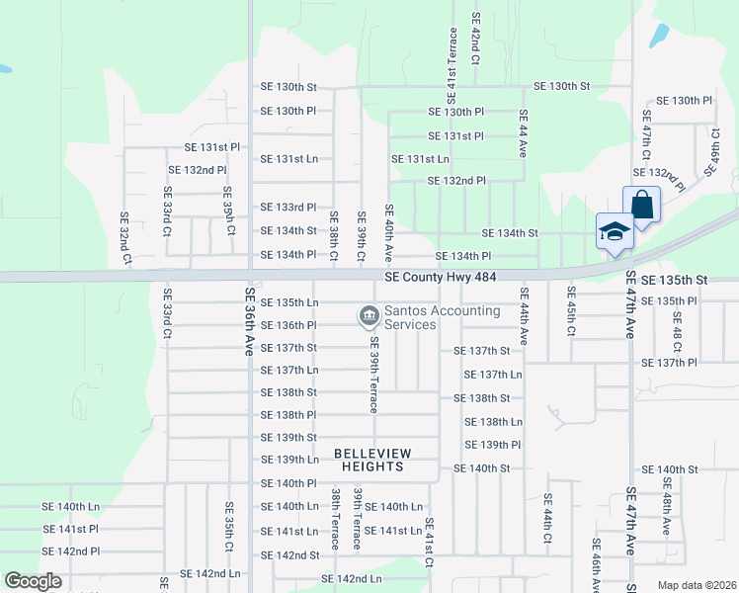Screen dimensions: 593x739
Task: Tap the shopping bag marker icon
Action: click(641, 207)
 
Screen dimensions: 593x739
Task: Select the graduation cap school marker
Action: click(614, 232)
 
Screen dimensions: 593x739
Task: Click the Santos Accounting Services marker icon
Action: click(369, 316)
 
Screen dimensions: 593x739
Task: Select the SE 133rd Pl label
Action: click(288, 208)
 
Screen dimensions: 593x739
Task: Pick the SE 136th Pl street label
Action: click(288, 325)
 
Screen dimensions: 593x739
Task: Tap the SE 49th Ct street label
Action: click(711, 151)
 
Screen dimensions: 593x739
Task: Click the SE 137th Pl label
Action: click(669, 363)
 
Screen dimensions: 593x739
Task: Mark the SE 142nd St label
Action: click(289, 555)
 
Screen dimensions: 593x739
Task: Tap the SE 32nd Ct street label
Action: click(125, 238)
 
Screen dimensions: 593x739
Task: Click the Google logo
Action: click(33, 581)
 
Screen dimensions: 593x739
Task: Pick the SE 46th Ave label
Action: click(596, 565)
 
